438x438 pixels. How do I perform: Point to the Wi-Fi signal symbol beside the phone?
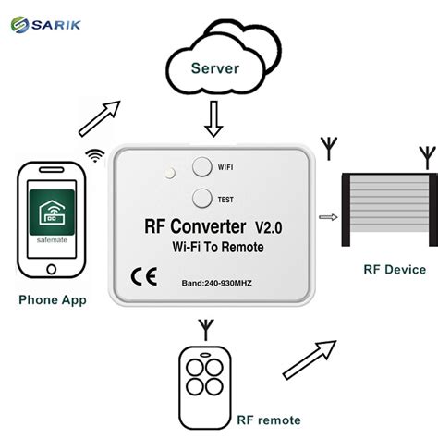pyautogui.click(x=94, y=155)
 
